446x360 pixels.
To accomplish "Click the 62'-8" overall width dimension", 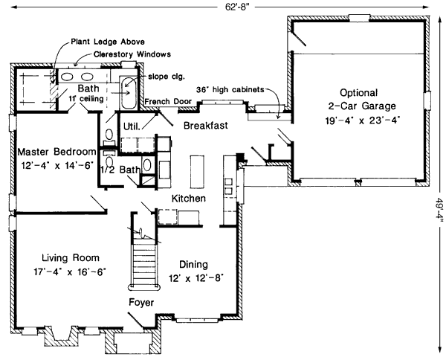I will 223,7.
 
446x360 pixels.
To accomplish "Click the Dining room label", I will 193,264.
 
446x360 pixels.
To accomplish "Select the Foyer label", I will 141,302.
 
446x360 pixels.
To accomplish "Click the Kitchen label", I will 189,199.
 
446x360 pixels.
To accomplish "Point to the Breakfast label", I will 206,125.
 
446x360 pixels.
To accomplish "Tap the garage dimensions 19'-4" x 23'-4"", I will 360,119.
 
